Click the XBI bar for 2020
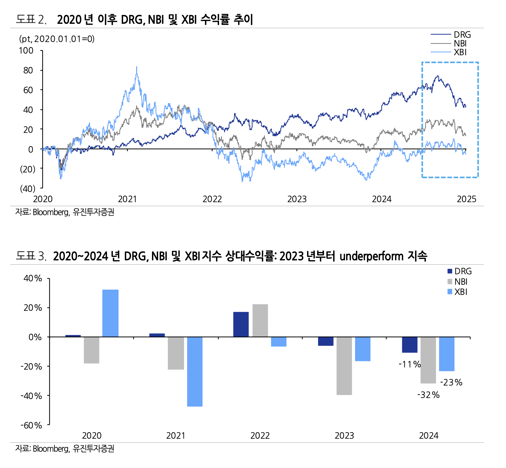[x=110, y=313]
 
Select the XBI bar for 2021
[x=195, y=371]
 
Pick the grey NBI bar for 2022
[x=260, y=320]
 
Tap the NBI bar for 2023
[x=344, y=366]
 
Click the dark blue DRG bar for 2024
[x=409, y=344]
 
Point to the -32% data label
[x=428, y=395]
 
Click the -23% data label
[x=451, y=382]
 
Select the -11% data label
[x=409, y=364]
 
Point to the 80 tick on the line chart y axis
[x=28, y=70]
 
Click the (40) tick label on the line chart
[x=27, y=188]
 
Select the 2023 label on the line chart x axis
[x=297, y=199]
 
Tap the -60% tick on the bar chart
[x=31, y=425]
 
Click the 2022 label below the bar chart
[x=260, y=435]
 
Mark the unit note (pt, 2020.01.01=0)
[x=57, y=39]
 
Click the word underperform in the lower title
[x=371, y=256]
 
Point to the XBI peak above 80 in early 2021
[x=136, y=68]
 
